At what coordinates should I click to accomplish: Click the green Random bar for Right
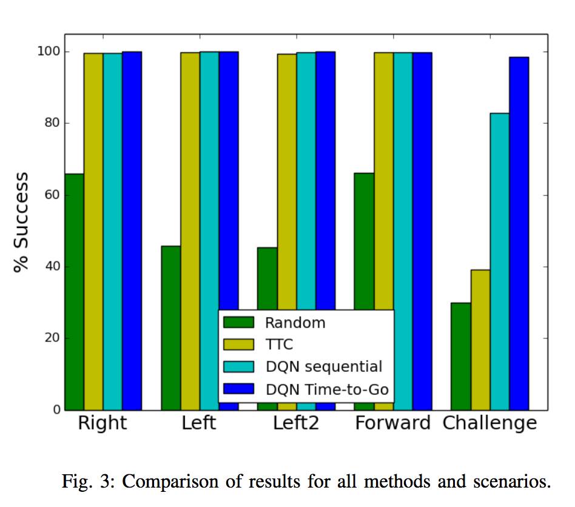(x=75, y=291)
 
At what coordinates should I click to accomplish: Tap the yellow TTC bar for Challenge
(x=480, y=340)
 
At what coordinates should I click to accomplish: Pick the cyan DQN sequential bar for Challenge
(x=500, y=261)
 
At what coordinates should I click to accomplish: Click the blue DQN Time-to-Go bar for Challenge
(x=519, y=233)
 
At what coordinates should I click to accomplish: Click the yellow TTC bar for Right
(x=93, y=231)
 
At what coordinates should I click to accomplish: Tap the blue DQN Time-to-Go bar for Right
(x=132, y=230)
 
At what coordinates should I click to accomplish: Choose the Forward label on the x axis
(x=392, y=423)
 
